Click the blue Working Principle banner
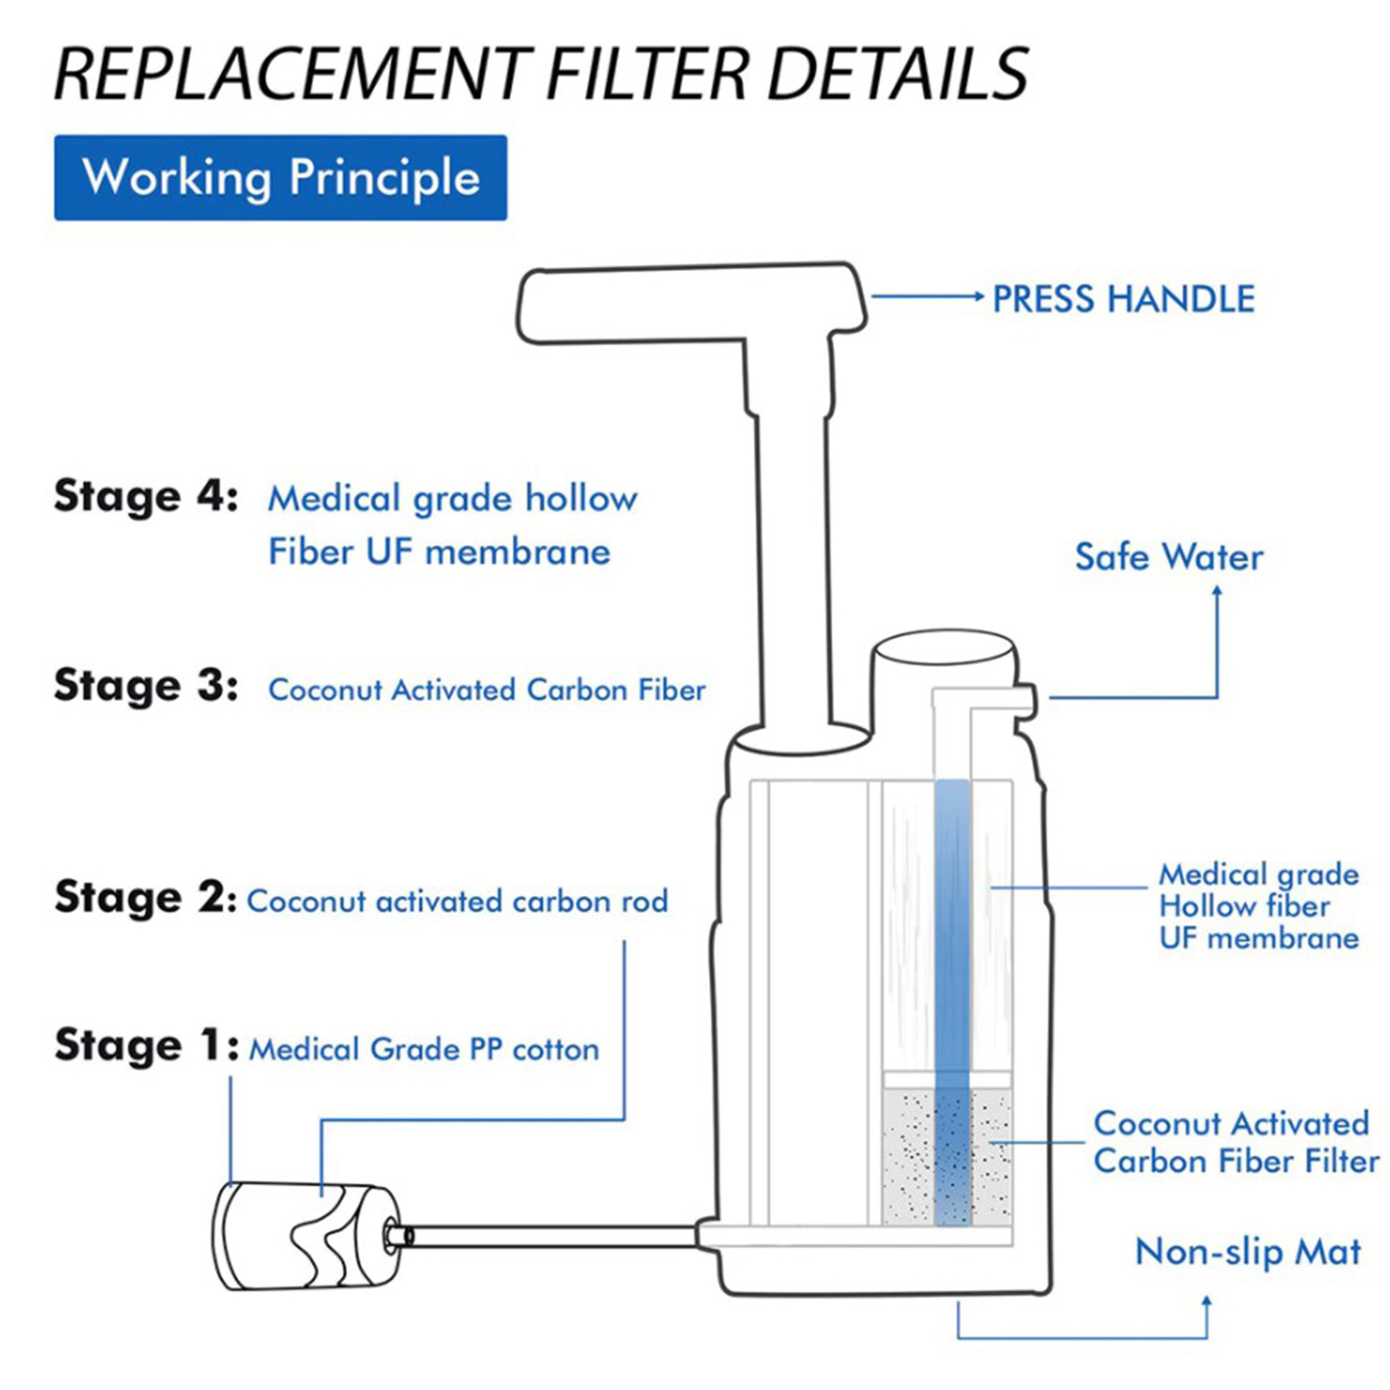pyautogui.click(x=280, y=177)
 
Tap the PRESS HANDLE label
pyautogui.click(x=1122, y=299)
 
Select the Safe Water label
pyautogui.click(x=1168, y=557)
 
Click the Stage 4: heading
pyautogui.click(x=145, y=497)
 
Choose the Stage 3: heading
pyautogui.click(x=145, y=685)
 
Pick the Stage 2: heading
pyautogui.click(x=145, y=897)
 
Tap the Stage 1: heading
pyautogui.click(x=145, y=1045)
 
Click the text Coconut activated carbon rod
pyautogui.click(x=457, y=902)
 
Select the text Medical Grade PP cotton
pyautogui.click(x=424, y=1049)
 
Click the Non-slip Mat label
pyautogui.click(x=1248, y=1252)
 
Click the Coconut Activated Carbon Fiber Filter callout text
pyautogui.click(x=1235, y=1142)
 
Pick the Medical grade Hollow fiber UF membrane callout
pyautogui.click(x=1258, y=906)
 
